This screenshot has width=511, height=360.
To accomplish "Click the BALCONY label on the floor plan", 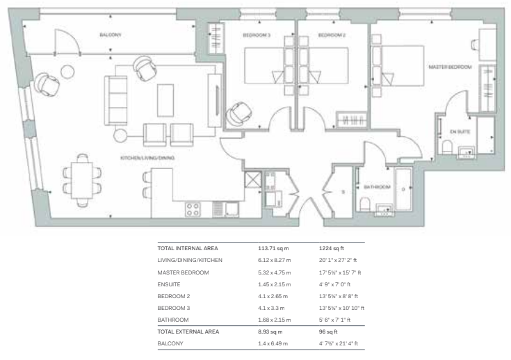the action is click(111, 35).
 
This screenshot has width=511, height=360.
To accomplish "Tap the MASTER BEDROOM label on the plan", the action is click(450, 67).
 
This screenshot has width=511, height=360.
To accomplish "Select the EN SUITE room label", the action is click(460, 131).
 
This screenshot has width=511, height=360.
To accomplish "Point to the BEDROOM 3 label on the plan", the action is click(257, 35).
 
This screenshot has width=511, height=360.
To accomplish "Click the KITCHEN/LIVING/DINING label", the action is click(147, 158).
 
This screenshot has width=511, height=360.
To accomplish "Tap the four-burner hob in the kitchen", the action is click(193, 209).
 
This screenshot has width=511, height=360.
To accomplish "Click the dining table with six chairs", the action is click(82, 180).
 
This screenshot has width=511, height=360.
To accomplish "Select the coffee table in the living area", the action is click(165, 100).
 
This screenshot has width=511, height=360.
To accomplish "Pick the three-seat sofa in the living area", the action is click(115, 101).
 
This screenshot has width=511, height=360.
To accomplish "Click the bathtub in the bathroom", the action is click(403, 189).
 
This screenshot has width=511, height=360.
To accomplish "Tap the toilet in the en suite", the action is click(447, 147).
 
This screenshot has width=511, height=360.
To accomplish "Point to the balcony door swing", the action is click(67, 42).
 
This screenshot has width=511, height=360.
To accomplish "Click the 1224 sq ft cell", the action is click(332, 248).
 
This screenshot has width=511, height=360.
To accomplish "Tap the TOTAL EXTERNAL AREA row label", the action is click(188, 332).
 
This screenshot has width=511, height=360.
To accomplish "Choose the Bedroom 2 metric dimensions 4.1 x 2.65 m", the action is click(273, 296).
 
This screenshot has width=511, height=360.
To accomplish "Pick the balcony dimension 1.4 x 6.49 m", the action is click(273, 343).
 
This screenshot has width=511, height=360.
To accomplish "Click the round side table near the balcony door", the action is click(67, 72).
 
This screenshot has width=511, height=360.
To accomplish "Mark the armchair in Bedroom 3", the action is click(239, 114).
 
